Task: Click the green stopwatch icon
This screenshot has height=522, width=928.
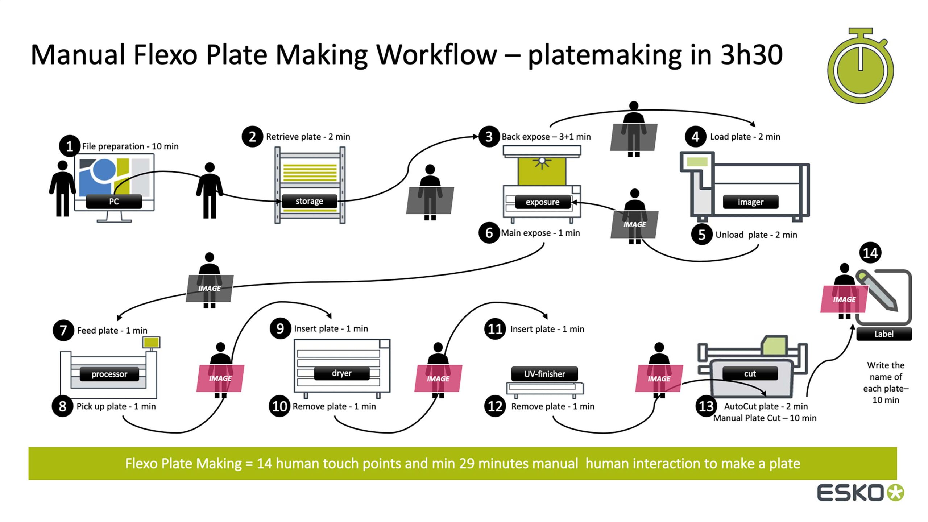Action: [861, 67]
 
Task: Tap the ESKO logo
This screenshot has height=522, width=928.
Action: [860, 493]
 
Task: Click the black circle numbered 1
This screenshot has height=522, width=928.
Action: [69, 146]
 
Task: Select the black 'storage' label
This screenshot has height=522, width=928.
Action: [309, 201]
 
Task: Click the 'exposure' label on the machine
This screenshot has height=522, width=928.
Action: [542, 202]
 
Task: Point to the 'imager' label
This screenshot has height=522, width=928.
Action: [750, 202]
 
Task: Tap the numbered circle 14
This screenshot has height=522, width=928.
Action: [870, 253]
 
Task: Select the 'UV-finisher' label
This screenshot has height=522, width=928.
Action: [544, 374]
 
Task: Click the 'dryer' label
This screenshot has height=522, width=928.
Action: [341, 373]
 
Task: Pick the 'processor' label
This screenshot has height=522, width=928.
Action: [109, 374]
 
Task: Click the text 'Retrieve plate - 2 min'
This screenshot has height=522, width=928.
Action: [308, 137]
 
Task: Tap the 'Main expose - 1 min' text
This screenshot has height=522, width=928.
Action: [540, 233]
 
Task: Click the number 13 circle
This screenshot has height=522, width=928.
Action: [706, 406]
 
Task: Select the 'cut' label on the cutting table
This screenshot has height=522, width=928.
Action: [750, 374]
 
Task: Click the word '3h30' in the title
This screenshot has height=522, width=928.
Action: [751, 55]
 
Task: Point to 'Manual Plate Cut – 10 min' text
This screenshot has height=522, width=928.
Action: [765, 418]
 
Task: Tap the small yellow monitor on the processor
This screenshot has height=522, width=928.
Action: [151, 342]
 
